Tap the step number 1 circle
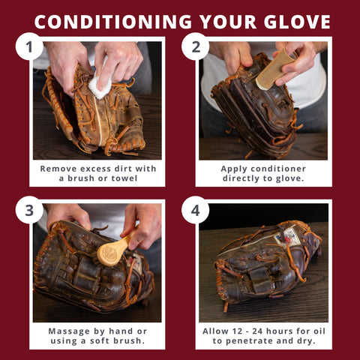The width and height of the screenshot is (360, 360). coord(29,49)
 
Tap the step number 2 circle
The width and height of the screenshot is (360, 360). coord(195,49)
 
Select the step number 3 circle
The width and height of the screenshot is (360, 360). coord(29,211)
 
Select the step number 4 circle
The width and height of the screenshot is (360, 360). coord(195,211)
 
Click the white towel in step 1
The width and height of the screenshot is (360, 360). coord(100,85)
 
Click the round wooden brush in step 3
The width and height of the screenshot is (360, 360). coord(111,250)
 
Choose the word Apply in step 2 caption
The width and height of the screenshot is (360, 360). coord(235,169)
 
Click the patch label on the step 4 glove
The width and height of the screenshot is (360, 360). coord(286,238)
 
